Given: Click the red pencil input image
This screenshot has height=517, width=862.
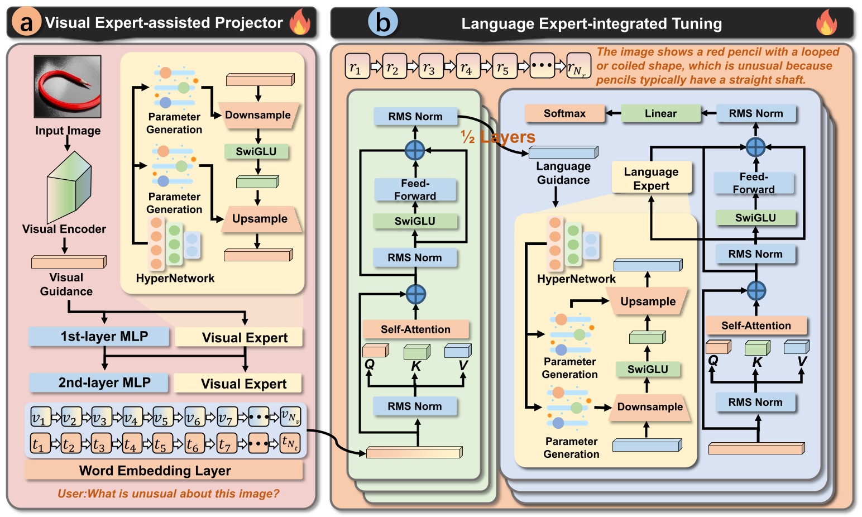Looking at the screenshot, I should pyautogui.click(x=68, y=86).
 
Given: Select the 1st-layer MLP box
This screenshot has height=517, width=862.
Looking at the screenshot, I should pyautogui.click(x=99, y=337).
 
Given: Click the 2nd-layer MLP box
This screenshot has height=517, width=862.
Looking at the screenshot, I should pyautogui.click(x=99, y=382).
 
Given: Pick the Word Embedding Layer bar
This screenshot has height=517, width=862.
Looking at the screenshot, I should pyautogui.click(x=163, y=471).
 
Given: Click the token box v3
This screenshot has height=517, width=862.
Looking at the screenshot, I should pyautogui.click(x=101, y=417).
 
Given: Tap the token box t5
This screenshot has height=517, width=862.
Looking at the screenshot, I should pyautogui.click(x=162, y=444).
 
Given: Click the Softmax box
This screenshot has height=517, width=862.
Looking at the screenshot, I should pyautogui.click(x=564, y=113).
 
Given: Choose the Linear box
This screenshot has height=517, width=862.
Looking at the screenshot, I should pyautogui.click(x=660, y=113).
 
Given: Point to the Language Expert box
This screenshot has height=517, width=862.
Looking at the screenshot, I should pyautogui.click(x=651, y=179).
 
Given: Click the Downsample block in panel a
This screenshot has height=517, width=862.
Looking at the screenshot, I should pyautogui.click(x=258, y=116).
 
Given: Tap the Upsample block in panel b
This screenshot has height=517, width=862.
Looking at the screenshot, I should pyautogui.click(x=648, y=301).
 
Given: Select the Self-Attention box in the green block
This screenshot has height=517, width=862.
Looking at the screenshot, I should pyautogui.click(x=415, y=329).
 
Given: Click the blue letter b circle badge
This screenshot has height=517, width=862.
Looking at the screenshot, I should pyautogui.click(x=383, y=22).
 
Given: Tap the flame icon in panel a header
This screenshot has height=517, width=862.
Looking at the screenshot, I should pyautogui.click(x=300, y=22).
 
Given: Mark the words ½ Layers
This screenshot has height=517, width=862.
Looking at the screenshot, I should pyautogui.click(x=498, y=137).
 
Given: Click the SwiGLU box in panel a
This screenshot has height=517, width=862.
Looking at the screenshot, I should pyautogui.click(x=256, y=151).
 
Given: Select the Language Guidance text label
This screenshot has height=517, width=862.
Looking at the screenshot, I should pyautogui.click(x=563, y=173).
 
